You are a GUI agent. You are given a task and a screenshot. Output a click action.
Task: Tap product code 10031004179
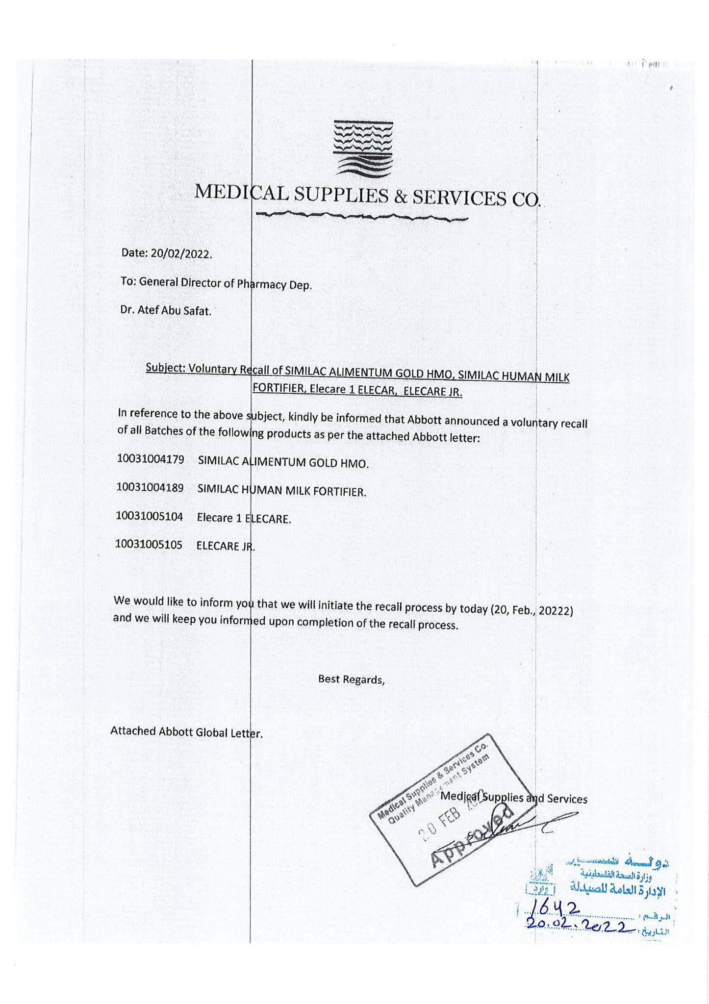[151, 460]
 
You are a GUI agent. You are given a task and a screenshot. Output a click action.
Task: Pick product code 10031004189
[150, 488]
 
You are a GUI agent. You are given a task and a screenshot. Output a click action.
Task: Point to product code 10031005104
[150, 516]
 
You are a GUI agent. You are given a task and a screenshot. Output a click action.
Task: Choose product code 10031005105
[149, 544]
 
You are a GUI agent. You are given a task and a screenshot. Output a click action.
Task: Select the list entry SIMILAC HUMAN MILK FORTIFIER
[281, 491]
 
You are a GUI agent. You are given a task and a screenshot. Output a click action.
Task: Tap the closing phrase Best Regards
[351, 679]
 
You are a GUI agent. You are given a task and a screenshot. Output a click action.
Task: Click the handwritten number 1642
[553, 910]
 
